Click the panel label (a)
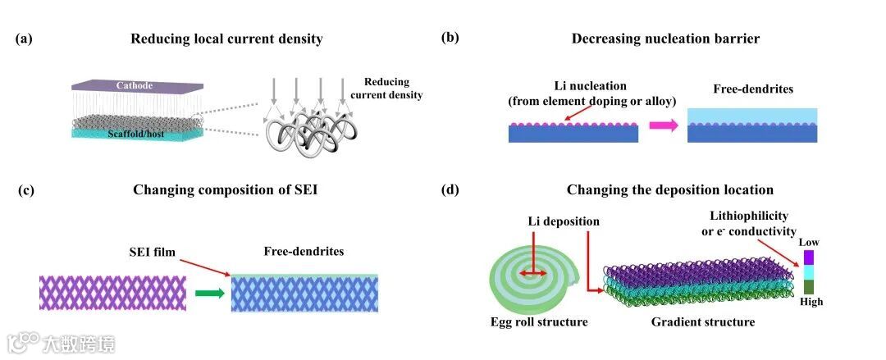tap(25, 39)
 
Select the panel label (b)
tap(450, 38)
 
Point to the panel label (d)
tap(450, 190)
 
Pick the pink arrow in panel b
tap(663, 125)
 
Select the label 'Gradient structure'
tap(703, 322)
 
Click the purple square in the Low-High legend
tap(808, 257)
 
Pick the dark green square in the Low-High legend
tap(808, 287)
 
